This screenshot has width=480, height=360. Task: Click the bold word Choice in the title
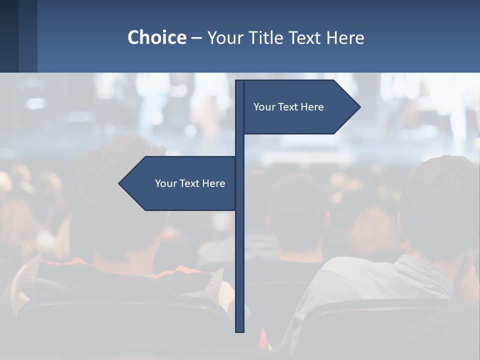tap(156, 38)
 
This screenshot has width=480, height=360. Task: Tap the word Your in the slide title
tap(223, 38)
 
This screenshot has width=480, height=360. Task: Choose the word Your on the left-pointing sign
tap(165, 183)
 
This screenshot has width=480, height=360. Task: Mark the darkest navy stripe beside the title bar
tap(9, 36)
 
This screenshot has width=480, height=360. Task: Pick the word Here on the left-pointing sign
tap(214, 183)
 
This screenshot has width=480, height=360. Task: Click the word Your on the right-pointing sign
tap(264, 107)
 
